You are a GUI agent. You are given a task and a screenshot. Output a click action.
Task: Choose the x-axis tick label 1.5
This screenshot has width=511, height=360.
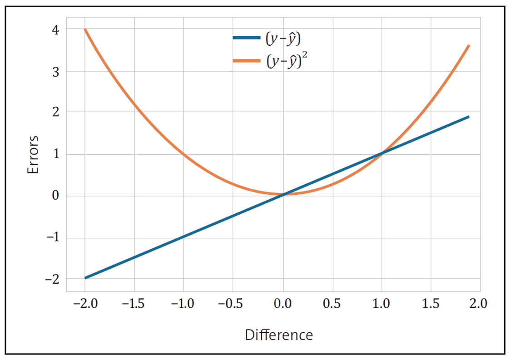431,303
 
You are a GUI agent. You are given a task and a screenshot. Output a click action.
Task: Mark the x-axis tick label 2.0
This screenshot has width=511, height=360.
476,303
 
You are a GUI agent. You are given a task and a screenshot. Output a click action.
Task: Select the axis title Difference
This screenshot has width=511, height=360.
278,335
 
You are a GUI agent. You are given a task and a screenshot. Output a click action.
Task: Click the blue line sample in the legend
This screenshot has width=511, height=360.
247,38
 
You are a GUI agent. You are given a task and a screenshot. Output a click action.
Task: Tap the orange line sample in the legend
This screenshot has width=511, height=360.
247,61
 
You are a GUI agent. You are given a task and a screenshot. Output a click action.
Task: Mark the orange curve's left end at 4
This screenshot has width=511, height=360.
85,30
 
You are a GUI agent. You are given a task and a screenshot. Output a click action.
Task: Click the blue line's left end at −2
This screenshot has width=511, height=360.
85,278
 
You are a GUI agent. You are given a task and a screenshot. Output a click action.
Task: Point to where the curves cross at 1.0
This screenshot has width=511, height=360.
382,153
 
